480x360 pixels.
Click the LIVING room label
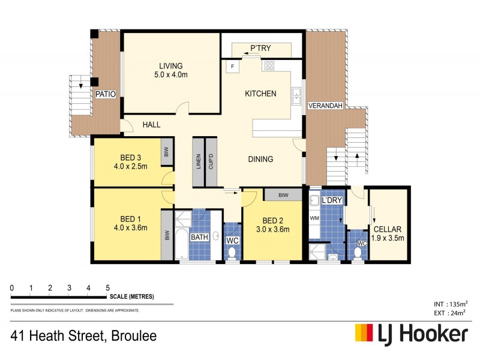[x=170, y=66]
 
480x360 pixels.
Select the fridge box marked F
[x=232, y=66]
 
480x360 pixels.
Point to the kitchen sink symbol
[x=296, y=94]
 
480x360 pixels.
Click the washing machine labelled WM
[x=314, y=219]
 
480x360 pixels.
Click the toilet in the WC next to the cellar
[x=358, y=254]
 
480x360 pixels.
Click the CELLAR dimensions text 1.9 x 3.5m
[x=387, y=238]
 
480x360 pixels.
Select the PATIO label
[x=106, y=94]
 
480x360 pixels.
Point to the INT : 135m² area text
[x=450, y=304]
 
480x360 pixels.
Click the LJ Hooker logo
[x=411, y=334]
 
